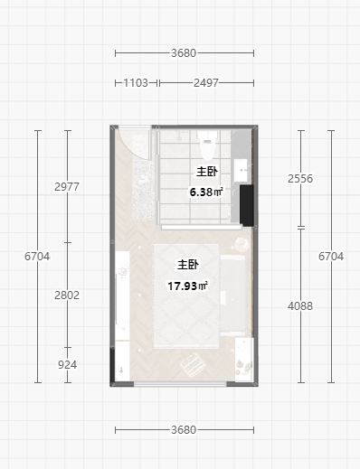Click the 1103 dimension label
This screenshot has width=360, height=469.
[x=136, y=83]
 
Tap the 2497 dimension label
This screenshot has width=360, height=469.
[x=206, y=83]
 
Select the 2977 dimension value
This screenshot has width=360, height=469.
[x=67, y=187]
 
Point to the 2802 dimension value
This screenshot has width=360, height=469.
[x=67, y=295]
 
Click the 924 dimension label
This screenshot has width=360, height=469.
[x=67, y=365]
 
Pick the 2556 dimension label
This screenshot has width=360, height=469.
[x=300, y=179]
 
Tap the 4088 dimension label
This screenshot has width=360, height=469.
[x=300, y=306]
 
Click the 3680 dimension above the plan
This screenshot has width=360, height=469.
[x=184, y=53]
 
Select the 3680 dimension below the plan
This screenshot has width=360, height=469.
[x=184, y=430]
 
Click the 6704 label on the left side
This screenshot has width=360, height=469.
[x=37, y=257]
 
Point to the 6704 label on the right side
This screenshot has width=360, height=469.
[x=331, y=257]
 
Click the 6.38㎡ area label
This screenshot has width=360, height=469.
[x=206, y=192]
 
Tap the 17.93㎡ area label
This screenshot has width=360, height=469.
[x=187, y=286]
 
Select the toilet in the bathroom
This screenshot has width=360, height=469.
[x=206, y=145]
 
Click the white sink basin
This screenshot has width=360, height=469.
[x=241, y=171]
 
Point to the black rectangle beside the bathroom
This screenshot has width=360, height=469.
[x=247, y=205]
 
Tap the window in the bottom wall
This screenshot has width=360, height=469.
[x=180, y=384]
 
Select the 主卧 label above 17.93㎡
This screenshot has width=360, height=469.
[x=187, y=265]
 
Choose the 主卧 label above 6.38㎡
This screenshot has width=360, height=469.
[x=207, y=172]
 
